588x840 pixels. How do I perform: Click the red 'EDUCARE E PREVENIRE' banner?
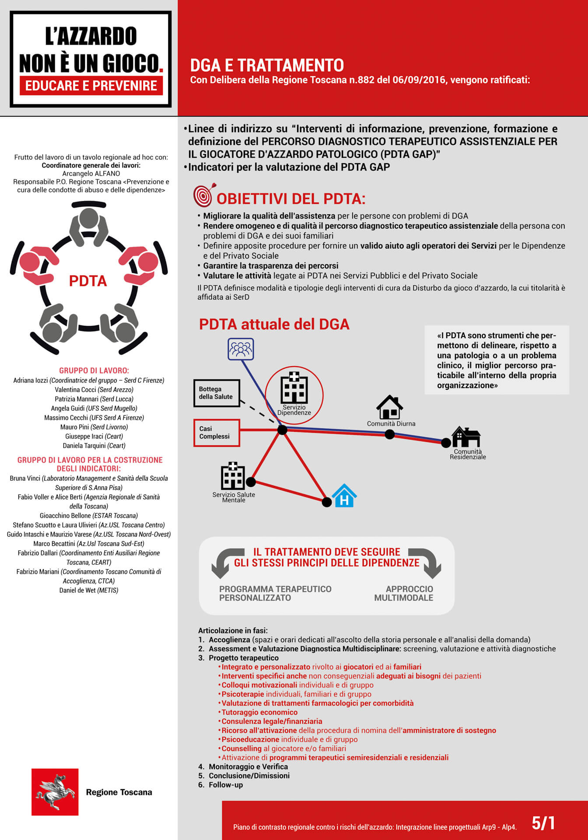tap(91, 86)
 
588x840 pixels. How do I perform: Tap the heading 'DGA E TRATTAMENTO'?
tap(267, 66)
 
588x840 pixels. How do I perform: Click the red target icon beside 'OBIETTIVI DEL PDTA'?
tap(203, 195)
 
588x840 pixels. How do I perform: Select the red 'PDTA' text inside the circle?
tap(88, 281)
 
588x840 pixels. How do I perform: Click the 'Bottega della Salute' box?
tap(217, 393)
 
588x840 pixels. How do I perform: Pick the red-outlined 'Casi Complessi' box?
tap(217, 433)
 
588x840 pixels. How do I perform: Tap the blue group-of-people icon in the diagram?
tap(241, 349)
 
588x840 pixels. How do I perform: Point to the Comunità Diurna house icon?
tap(389, 407)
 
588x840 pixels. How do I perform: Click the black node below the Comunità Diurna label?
tap(389, 434)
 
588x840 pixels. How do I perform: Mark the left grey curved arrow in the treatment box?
tap(226, 563)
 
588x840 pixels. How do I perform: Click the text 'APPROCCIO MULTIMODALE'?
tap(404, 594)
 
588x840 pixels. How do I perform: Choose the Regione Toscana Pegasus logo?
tap(55, 792)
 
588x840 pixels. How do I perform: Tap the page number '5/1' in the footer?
tap(543, 823)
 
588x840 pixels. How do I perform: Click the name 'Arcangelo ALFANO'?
tap(91, 174)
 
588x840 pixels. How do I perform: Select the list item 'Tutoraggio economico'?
tap(259, 712)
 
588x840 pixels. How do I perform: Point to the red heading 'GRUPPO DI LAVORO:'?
tap(94, 371)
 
